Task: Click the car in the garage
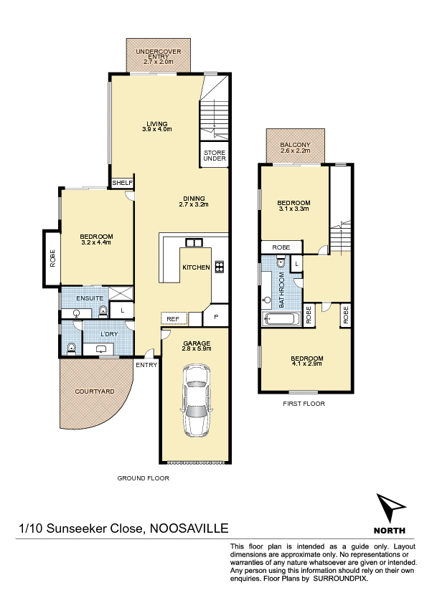pyautogui.click(x=197, y=400)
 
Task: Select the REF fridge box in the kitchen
pyautogui.click(x=174, y=319)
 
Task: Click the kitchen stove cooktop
pyautogui.click(x=220, y=267)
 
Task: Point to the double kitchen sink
pyautogui.click(x=194, y=242)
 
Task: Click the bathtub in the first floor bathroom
pyautogui.click(x=281, y=319)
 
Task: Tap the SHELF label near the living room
pyautogui.click(x=123, y=183)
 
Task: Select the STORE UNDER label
pyautogui.click(x=215, y=156)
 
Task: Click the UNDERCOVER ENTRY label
pyautogui.click(x=159, y=54)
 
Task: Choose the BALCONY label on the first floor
pyautogui.click(x=296, y=145)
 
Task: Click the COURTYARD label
pyautogui.click(x=95, y=391)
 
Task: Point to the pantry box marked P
pyautogui.click(x=216, y=316)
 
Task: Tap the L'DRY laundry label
pyautogui.click(x=109, y=334)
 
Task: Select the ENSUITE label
pyautogui.click(x=90, y=298)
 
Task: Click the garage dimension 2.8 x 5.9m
pyautogui.click(x=197, y=348)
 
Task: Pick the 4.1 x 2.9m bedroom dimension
pyautogui.click(x=307, y=364)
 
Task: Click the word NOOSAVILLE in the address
pyautogui.click(x=189, y=528)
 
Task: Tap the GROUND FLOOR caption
pyautogui.click(x=144, y=478)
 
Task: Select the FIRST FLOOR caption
pyautogui.click(x=304, y=404)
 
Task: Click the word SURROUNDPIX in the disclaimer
pyautogui.click(x=340, y=578)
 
